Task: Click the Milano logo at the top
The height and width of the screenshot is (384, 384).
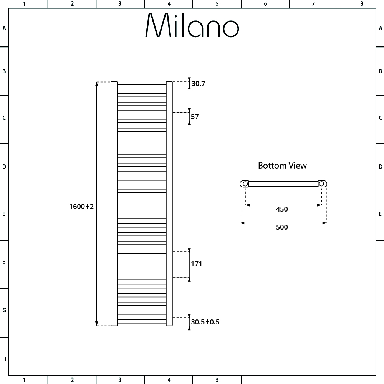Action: (x=192, y=26)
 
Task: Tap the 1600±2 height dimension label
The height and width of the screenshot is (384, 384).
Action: (x=81, y=207)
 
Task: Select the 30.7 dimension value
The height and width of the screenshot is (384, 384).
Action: (x=198, y=83)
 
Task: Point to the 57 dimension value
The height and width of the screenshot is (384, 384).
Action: (x=195, y=116)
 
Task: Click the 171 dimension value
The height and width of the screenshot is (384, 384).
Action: (x=196, y=264)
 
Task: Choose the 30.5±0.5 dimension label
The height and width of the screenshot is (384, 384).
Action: (x=205, y=322)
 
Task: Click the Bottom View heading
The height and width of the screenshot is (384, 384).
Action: (x=282, y=166)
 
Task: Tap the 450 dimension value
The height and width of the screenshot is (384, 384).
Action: (x=282, y=209)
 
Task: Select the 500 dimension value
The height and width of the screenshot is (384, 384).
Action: (x=282, y=227)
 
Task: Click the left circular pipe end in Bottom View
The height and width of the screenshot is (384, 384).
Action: (x=245, y=184)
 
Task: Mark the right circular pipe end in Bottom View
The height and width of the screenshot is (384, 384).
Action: (x=321, y=184)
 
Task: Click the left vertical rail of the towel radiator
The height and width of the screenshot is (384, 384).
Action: (x=114, y=204)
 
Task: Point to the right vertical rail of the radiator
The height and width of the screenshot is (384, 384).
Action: (x=169, y=204)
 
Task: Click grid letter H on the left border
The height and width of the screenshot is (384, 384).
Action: (x=4, y=359)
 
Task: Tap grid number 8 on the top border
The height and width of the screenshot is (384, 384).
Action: (x=361, y=4)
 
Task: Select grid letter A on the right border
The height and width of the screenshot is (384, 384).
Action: (x=380, y=28)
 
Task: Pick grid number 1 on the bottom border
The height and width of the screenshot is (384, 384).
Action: (x=24, y=380)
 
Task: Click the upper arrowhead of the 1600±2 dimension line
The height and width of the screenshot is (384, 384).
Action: (x=97, y=84)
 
